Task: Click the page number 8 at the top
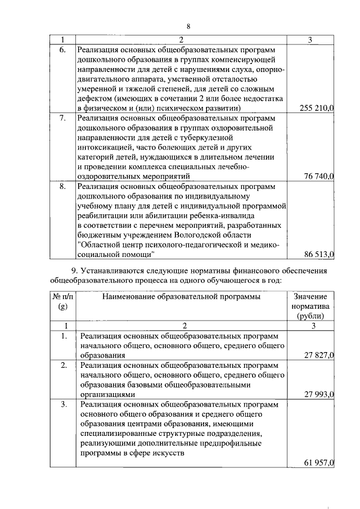tap(188, 27)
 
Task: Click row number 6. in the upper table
tap(62, 49)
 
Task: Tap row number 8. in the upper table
tap(62, 186)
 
